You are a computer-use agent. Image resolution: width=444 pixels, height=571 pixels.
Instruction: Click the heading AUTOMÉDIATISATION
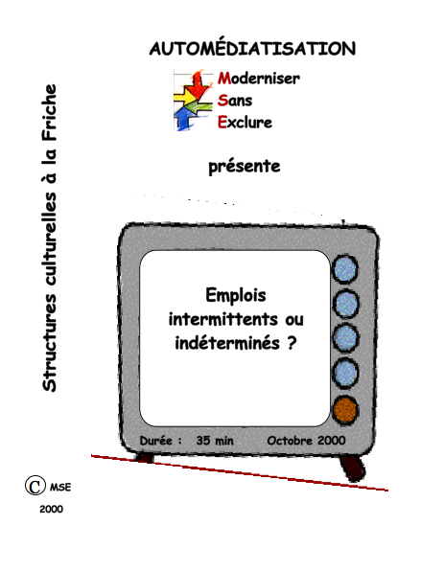point(252,48)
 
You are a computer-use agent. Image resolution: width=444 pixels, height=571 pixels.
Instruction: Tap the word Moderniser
point(259,78)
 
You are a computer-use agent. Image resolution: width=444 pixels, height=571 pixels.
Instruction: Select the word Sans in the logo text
point(235,101)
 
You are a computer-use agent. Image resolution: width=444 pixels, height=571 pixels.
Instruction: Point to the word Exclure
point(245,122)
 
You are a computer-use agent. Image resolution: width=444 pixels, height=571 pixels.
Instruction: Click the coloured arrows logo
point(193,101)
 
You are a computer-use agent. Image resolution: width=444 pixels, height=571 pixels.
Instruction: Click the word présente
point(245,167)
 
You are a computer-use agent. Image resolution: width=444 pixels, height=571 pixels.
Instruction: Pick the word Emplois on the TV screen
point(236,295)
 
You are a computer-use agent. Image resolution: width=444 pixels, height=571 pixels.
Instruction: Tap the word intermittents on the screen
point(223,319)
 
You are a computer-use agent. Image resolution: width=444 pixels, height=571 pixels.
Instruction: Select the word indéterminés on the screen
point(227,342)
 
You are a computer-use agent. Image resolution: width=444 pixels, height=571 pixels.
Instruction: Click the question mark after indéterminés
point(292,343)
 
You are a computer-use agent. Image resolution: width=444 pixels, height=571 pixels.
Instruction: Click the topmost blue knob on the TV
point(345,269)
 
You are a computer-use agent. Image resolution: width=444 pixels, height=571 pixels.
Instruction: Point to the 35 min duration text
point(215,441)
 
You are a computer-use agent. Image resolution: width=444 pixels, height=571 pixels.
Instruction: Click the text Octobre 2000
point(306,441)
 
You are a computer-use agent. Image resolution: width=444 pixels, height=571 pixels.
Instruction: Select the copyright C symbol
point(35,486)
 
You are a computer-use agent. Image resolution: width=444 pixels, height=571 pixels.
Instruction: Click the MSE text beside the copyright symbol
point(60,487)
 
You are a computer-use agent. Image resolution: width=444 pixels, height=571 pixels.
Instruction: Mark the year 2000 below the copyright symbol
point(52,509)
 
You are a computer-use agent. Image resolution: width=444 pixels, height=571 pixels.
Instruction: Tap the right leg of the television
point(352,468)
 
